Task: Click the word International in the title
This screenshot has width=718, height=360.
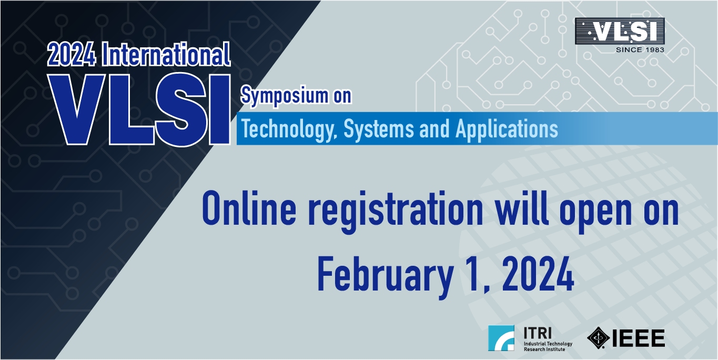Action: coord(166,54)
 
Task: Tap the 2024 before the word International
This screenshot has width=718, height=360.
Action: coord(72,55)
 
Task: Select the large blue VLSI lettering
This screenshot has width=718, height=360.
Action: coord(139,109)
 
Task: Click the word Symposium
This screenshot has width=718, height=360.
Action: coord(285,96)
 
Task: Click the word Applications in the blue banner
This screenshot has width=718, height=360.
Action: coord(507,129)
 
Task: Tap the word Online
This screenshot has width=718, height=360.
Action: coord(249,208)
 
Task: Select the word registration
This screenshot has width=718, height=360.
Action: coord(396,212)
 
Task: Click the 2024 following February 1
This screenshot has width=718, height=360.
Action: coord(538,274)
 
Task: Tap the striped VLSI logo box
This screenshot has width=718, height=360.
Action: coord(620,31)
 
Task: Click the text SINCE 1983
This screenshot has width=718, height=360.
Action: coord(640,49)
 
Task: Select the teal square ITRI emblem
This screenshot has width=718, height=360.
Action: coord(501,338)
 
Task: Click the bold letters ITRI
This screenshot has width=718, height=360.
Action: coord(538,333)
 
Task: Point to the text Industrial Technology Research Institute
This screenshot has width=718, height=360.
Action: coord(548,346)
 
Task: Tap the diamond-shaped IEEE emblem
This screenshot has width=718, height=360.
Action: coord(598,337)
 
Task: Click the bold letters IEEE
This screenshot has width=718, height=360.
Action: coord(638,338)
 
